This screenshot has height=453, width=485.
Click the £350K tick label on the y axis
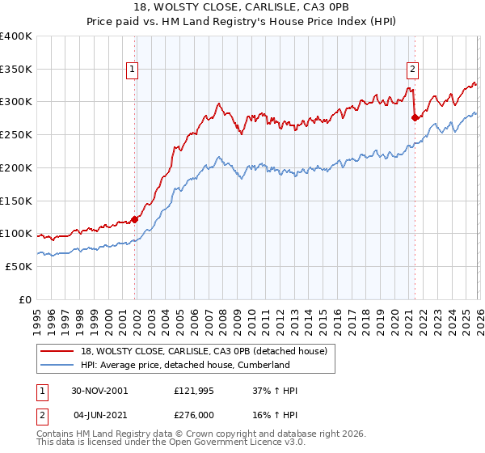click(x=16, y=70)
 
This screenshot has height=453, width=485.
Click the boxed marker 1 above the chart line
click(x=132, y=70)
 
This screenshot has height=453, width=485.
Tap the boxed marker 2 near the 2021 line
click(x=412, y=70)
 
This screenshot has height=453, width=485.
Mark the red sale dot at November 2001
click(x=135, y=218)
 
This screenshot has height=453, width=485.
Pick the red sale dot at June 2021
click(x=415, y=117)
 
